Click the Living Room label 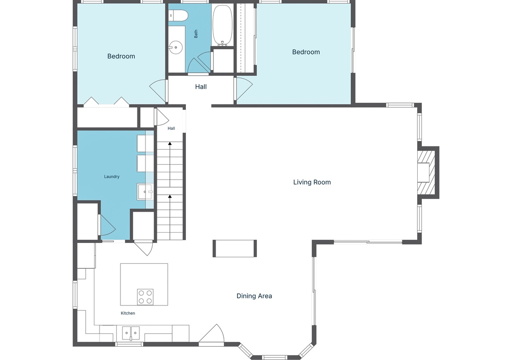[x=312, y=182]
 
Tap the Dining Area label [x=254, y=296]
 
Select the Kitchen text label [x=128, y=313]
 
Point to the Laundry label [x=112, y=177]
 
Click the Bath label [x=196, y=34]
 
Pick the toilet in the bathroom [x=178, y=15]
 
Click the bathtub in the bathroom [x=222, y=26]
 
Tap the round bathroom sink [x=176, y=48]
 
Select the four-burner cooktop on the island [x=145, y=297]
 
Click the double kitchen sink [x=131, y=333]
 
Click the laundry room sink [x=145, y=191]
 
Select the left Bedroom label [x=121, y=56]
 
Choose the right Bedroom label [x=306, y=52]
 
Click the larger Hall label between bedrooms [x=201, y=87]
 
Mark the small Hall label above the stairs [x=171, y=128]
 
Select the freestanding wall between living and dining [x=235, y=248]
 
